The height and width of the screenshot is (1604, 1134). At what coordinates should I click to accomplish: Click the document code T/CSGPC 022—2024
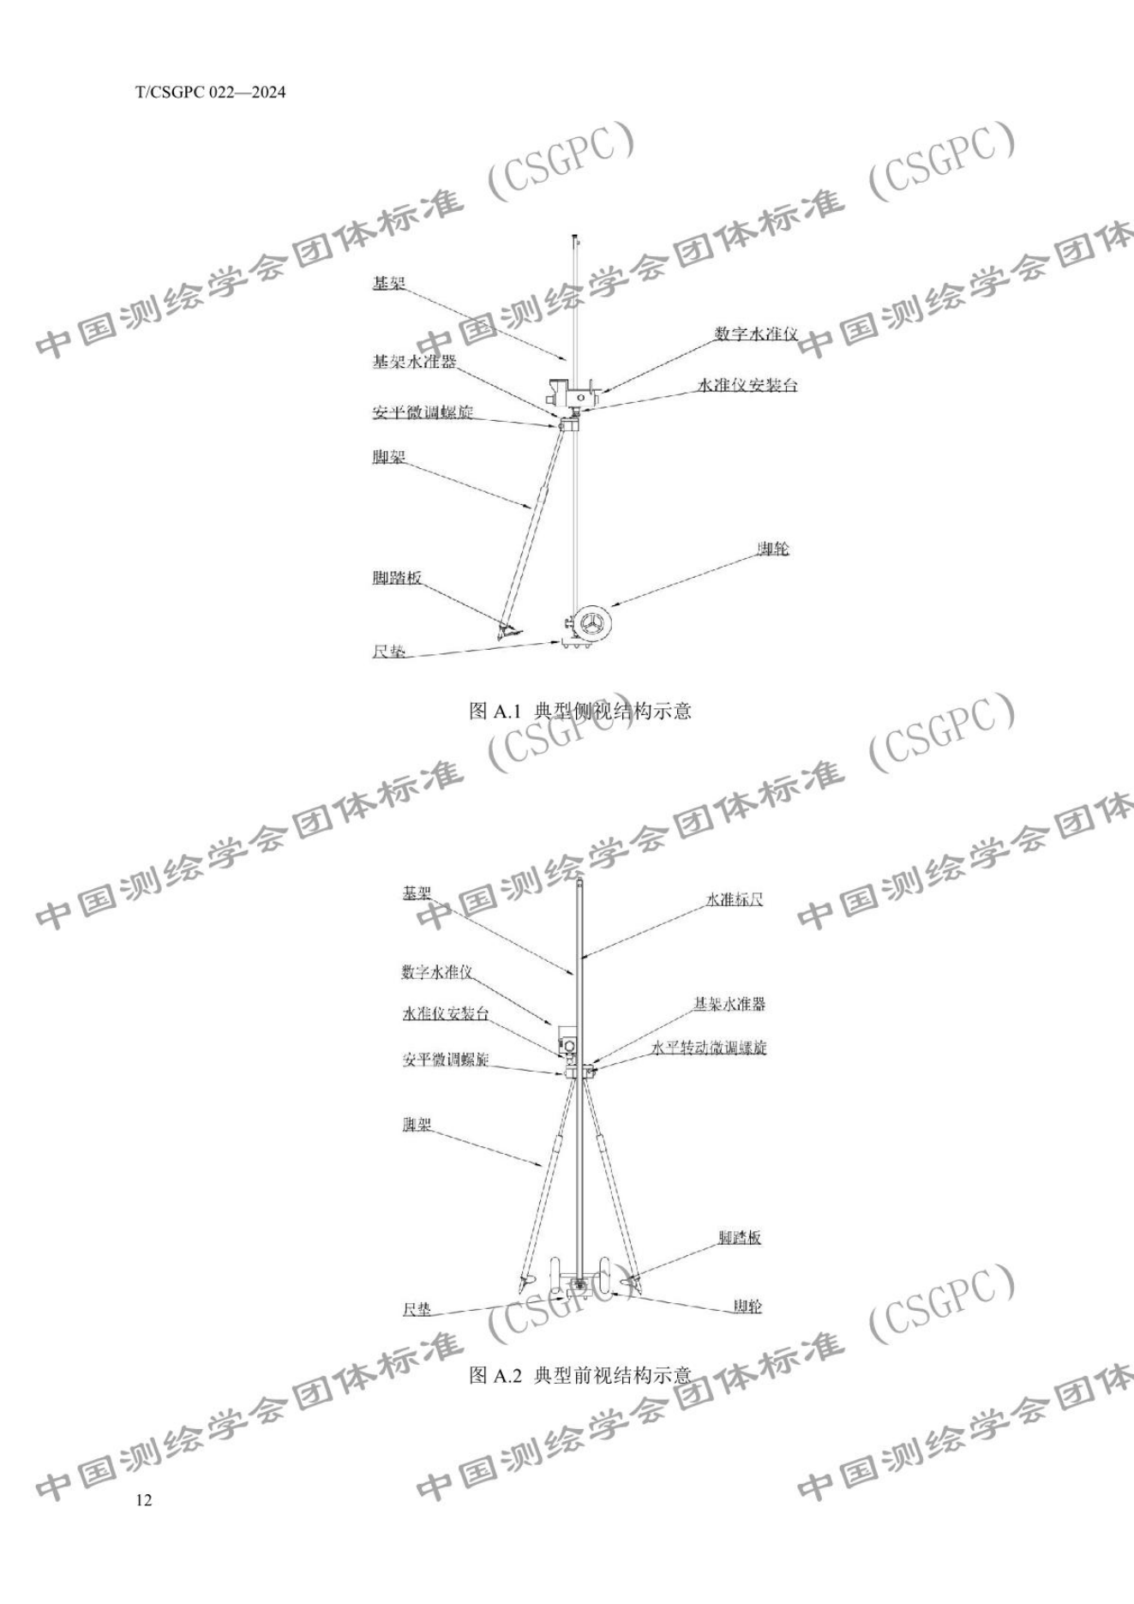(210, 93)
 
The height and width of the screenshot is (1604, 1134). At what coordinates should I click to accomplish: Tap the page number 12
(143, 1499)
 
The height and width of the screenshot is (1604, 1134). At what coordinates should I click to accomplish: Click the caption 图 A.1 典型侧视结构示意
(580, 711)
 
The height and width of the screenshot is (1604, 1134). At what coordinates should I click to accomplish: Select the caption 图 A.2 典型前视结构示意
(580, 1376)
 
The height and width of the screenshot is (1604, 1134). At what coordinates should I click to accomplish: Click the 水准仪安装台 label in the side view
(748, 386)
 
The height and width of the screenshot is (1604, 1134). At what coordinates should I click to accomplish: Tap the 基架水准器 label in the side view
(413, 362)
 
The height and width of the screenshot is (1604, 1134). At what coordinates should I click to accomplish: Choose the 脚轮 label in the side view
(772, 549)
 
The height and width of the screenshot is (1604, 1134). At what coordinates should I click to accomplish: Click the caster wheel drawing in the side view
(591, 622)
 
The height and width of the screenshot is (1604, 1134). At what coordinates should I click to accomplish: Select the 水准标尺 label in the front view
(734, 899)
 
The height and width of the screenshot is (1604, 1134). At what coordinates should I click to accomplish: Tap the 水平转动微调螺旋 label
(708, 1048)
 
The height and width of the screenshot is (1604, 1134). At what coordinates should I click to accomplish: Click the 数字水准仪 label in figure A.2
(437, 971)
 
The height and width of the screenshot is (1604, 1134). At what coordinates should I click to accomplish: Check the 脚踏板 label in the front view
(740, 1238)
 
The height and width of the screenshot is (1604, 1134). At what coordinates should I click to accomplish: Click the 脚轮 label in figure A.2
(747, 1307)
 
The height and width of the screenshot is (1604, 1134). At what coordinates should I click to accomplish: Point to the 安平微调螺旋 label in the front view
(446, 1060)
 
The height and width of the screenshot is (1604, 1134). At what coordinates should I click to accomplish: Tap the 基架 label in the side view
(388, 283)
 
